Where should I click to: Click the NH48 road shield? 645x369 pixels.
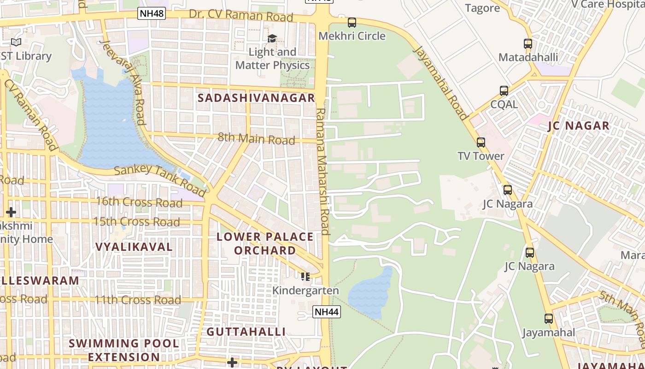tap(152, 13)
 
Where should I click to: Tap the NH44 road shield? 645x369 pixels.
tap(327, 312)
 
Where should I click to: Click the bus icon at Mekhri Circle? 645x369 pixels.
tap(352, 22)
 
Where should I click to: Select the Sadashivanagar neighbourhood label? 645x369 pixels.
tap(256, 98)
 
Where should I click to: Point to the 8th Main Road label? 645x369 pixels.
tap(256, 138)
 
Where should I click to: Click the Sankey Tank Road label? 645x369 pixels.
tap(159, 179)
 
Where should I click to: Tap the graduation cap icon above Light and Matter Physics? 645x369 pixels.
tap(272, 38)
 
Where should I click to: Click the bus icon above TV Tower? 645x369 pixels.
tap(481, 143)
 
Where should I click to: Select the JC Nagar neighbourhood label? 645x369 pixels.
tap(579, 125)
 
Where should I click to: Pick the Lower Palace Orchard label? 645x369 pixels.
tap(265, 244)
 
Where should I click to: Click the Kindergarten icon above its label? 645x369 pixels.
tap(305, 277)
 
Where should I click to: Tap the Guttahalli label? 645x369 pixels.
tap(246, 332)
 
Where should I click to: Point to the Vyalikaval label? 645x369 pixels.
tap(134, 247)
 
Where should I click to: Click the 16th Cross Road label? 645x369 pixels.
tap(139, 202)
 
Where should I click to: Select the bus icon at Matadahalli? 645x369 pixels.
tap(528, 44)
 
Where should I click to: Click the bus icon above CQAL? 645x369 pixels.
tap(504, 91)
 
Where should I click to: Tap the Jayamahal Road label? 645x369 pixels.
tap(441, 82)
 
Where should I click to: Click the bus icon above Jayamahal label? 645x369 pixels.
tap(548, 319)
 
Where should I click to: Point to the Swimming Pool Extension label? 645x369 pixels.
tap(124, 350)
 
